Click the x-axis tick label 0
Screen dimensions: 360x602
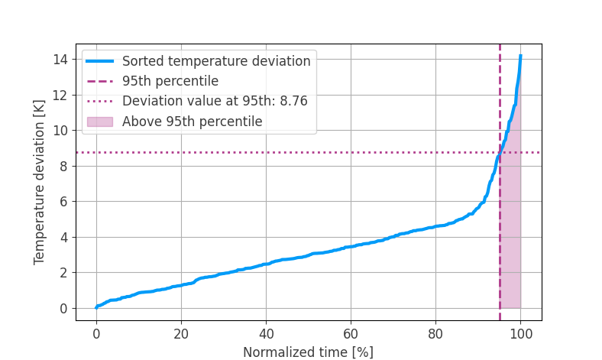(x=96, y=333)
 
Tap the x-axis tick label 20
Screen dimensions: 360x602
(x=181, y=333)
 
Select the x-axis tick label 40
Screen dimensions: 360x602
(x=266, y=333)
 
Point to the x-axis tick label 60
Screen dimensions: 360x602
(x=351, y=333)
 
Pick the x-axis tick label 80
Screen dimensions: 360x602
(x=435, y=333)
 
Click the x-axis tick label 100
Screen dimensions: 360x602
(x=520, y=333)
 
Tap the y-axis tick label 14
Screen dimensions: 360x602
(x=60, y=60)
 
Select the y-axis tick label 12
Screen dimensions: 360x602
(x=60, y=96)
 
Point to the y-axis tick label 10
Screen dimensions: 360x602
(x=60, y=131)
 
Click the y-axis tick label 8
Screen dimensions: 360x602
(x=63, y=167)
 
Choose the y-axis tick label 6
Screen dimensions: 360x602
(x=63, y=202)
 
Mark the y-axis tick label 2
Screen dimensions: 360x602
(x=63, y=273)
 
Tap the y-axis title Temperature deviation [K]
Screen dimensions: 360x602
(x=40, y=182)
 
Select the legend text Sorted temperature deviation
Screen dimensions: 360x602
(x=216, y=61)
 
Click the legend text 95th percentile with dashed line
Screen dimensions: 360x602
(x=170, y=81)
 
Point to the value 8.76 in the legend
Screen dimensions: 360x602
(x=293, y=101)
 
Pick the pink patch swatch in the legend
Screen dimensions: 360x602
(x=100, y=122)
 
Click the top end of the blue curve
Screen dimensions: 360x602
(x=520, y=56)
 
